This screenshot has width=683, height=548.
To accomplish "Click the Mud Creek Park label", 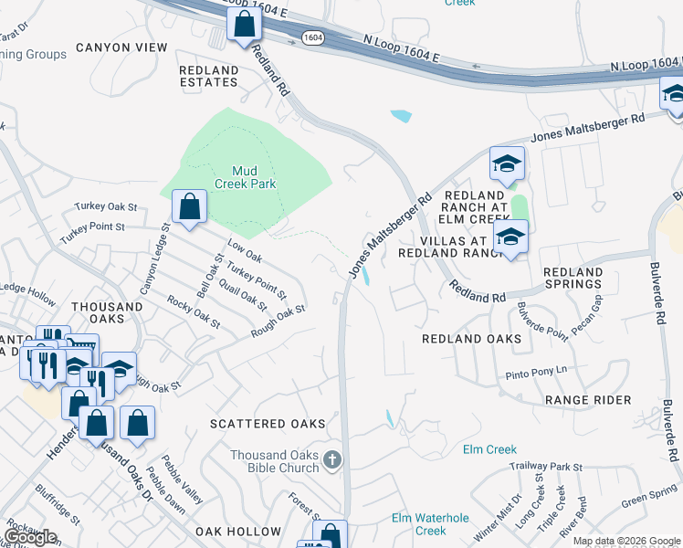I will coord(245,176).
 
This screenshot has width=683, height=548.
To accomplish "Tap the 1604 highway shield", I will coord(312,37).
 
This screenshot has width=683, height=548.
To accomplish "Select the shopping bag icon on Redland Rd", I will coord(244,25).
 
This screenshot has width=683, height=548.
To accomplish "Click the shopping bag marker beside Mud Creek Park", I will coord(189,207).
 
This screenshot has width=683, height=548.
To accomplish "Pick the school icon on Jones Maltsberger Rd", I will coord(507,163).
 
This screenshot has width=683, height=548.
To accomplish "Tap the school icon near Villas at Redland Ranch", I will coord(510,237).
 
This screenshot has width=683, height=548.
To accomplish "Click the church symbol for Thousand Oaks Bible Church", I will coord(332,460).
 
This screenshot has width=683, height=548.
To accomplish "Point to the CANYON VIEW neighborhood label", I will coord(121,47).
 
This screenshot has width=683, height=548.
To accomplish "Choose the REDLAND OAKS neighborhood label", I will coord(471,339).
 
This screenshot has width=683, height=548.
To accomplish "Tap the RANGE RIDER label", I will coord(587,400).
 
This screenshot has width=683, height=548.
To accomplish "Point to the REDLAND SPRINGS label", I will coord(573,279).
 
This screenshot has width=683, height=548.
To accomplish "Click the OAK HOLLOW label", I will coord(238,531).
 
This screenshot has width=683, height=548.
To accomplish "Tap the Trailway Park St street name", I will coord(546,467).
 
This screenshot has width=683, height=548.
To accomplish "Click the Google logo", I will coord(31,537).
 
